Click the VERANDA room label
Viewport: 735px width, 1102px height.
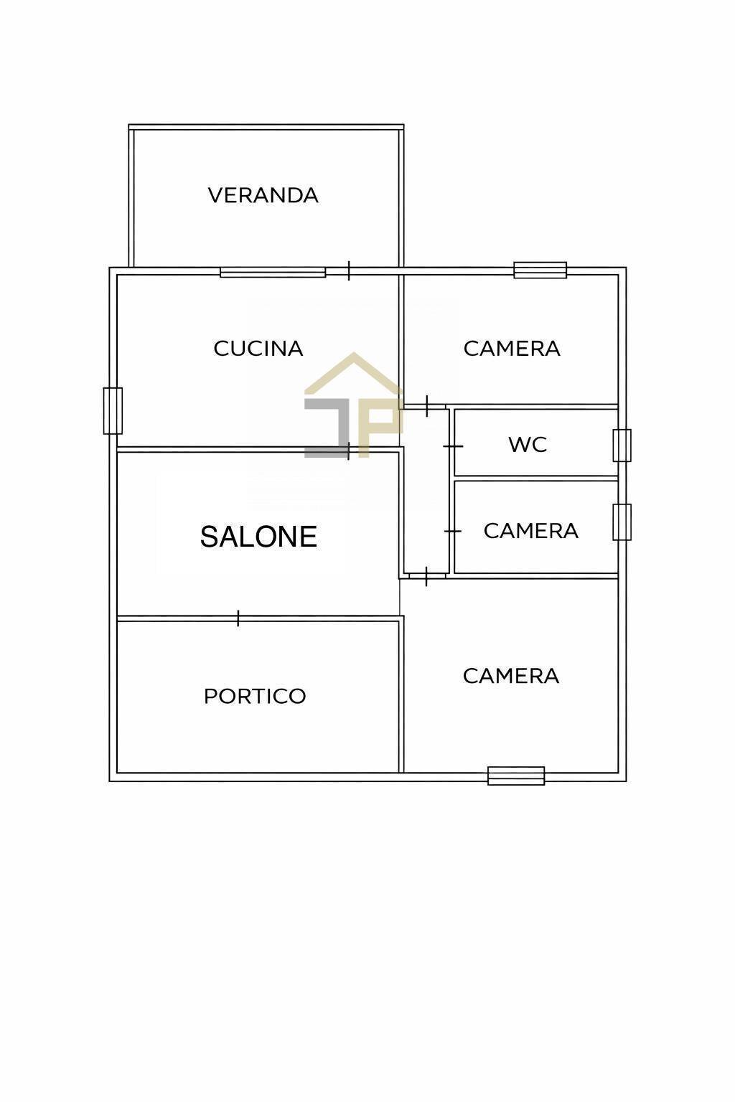click(263, 195)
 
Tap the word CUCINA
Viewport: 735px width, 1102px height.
click(258, 349)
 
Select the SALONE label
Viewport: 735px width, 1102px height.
click(258, 537)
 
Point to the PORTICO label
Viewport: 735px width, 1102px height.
click(255, 696)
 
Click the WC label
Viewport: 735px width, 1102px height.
click(528, 445)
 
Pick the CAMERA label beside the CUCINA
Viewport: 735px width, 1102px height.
click(512, 349)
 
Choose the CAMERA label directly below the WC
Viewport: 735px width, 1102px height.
click(530, 531)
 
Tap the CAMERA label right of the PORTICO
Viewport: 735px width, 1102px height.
click(510, 676)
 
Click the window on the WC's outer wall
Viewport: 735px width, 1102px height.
click(622, 446)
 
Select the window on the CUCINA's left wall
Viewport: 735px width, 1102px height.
click(113, 411)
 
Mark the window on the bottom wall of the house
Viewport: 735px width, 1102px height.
click(516, 776)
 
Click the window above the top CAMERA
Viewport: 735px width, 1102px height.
click(540, 270)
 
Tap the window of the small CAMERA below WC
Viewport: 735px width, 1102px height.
click(622, 522)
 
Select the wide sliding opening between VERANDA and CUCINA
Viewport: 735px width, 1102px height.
click(273, 272)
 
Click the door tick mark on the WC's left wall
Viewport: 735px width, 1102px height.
click(452, 446)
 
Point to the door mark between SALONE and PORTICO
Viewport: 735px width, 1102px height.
click(238, 618)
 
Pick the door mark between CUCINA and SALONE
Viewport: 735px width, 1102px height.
click(349, 451)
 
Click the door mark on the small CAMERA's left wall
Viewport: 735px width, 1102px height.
click(452, 531)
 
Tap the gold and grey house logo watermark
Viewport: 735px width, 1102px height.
click(353, 406)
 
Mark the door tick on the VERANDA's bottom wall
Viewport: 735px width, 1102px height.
click(349, 270)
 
